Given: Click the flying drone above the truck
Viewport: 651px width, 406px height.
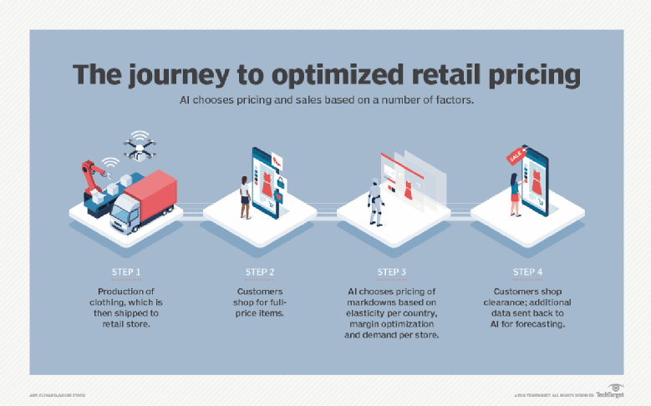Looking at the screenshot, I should pos(139,147).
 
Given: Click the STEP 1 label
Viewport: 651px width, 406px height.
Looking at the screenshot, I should pos(127,272).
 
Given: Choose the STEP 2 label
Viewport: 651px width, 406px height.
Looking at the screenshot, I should pos(261,272).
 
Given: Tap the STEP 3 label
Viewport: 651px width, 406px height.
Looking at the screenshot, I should pos(393,272).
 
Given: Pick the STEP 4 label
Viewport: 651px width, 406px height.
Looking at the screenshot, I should pos(526,272).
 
